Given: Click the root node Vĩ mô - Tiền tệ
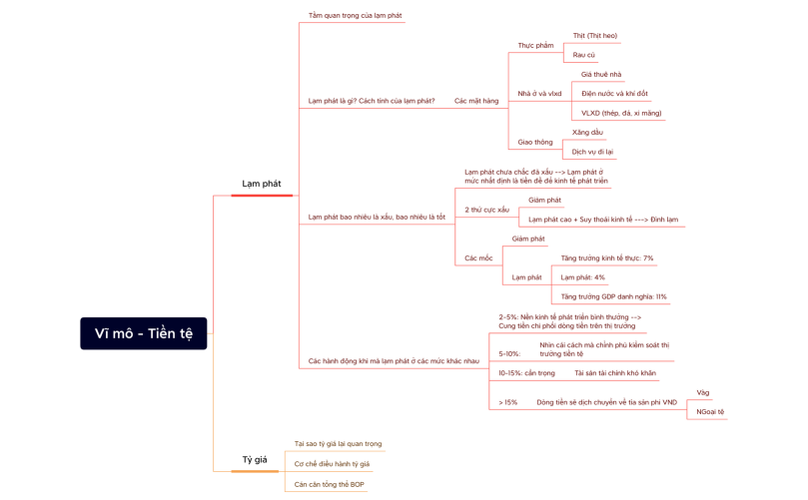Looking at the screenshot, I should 144,333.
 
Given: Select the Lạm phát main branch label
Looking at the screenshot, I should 262,184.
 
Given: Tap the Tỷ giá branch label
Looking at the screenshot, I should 255,460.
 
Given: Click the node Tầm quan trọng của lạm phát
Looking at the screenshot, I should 356,16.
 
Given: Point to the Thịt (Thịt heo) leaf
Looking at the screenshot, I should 595,36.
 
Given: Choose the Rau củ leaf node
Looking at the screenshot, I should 584,55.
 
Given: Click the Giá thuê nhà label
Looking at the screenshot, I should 601,75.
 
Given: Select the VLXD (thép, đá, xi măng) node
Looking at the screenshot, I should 621,113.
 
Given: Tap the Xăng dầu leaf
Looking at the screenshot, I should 587,133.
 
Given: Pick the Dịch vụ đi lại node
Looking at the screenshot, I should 592,152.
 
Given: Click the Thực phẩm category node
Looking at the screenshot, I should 535,46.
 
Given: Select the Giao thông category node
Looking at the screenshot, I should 535,143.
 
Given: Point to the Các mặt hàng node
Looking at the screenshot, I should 476,101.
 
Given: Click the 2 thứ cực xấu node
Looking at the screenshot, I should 487,210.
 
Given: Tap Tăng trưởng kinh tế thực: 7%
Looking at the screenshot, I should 607,258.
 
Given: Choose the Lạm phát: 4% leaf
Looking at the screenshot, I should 582,277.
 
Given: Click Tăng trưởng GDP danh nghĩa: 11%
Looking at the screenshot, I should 614,296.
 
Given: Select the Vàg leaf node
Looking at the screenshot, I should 703,393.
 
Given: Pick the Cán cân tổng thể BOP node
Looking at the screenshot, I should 330,485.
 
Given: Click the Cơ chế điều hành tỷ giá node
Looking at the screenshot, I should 332,464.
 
